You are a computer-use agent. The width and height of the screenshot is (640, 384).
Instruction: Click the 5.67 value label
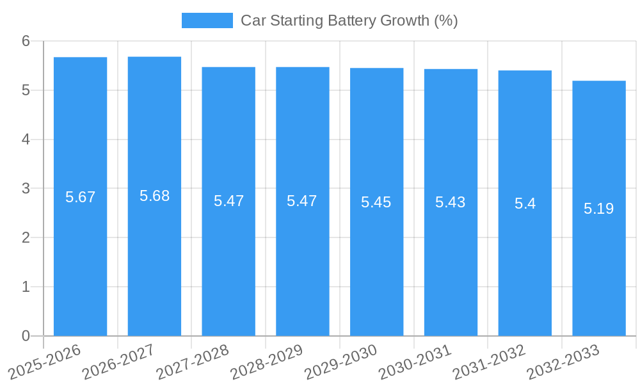pos(80,197)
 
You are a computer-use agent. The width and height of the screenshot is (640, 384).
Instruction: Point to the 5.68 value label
pos(154,196)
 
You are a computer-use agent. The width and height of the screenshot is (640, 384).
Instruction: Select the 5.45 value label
pos(376,202)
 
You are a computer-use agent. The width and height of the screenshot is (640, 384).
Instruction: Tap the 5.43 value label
pos(451,202)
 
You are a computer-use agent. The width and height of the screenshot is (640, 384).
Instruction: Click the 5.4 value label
pos(525,204)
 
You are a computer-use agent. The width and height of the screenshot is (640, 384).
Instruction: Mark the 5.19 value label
pos(599,209)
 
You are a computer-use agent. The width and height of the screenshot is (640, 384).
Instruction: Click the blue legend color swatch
pos(207,20)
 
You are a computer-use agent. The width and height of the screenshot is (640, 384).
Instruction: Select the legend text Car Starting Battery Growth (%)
pos(349,20)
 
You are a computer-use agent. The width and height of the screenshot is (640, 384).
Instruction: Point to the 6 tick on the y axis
pos(26,41)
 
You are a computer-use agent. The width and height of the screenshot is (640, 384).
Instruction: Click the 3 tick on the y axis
pos(26,189)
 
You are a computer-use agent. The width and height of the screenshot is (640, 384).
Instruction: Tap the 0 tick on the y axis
pos(26,336)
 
